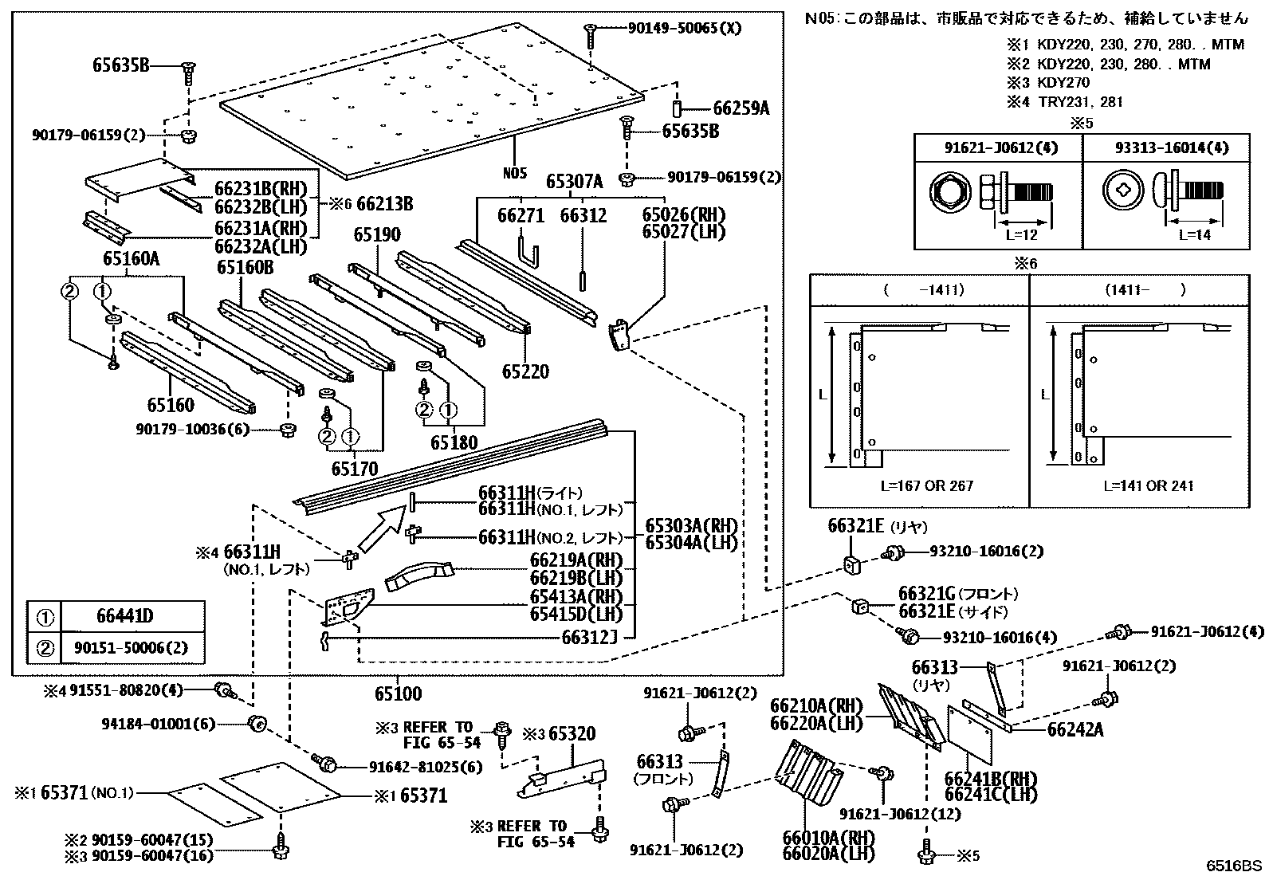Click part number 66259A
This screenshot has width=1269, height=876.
(x=741, y=108)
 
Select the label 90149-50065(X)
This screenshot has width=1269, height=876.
(x=685, y=28)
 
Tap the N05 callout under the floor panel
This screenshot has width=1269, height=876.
(x=514, y=173)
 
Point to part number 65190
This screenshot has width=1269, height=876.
(x=377, y=234)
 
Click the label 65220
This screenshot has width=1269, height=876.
(x=526, y=371)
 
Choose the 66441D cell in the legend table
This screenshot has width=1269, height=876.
(x=124, y=615)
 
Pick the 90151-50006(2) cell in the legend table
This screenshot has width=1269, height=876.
(x=131, y=648)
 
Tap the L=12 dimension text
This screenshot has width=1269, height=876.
(x=1021, y=234)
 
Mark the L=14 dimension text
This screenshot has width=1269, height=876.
(x=1195, y=234)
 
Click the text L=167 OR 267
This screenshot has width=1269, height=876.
(x=927, y=485)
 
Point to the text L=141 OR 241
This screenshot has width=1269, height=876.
(x=1149, y=485)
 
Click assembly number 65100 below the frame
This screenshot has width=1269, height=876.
(x=399, y=693)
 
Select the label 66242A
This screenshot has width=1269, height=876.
(x=1075, y=729)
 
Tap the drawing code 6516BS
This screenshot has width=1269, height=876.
(x=1233, y=866)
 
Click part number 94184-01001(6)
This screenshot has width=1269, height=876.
(x=159, y=724)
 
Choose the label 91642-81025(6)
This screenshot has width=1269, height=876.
(x=426, y=768)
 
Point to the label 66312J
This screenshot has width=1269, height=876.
(x=589, y=638)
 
